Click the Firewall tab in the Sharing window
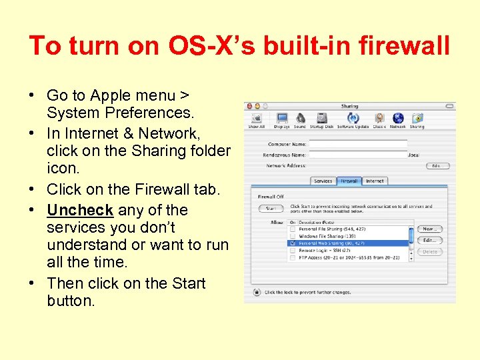(349, 181)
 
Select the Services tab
(323, 181)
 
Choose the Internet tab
(375, 181)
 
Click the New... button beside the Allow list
(430, 229)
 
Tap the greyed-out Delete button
(430, 251)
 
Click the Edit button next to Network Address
(437, 165)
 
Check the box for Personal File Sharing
(292, 229)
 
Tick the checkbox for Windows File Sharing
(292, 236)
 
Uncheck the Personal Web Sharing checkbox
(292, 243)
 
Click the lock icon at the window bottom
(257, 292)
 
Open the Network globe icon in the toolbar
(398, 119)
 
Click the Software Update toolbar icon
(353, 119)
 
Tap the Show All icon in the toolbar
(257, 119)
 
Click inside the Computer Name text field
(359, 143)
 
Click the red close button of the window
(248, 106)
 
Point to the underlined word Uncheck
(80, 210)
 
